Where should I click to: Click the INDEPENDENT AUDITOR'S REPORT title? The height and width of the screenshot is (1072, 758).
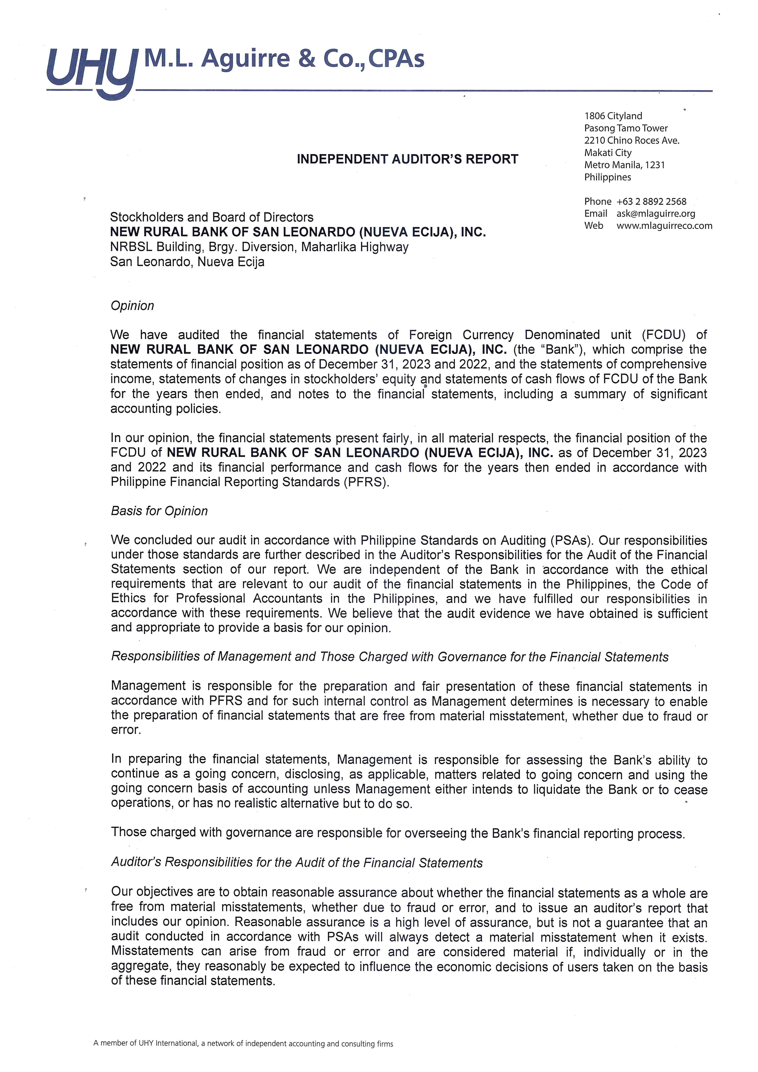click(x=407, y=159)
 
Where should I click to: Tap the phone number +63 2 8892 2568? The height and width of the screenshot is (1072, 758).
click(x=651, y=202)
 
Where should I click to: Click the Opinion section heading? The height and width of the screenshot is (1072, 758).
click(x=132, y=306)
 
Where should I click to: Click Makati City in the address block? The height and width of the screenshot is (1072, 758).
click(x=608, y=153)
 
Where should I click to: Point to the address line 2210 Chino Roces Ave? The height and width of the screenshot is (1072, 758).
click(x=631, y=141)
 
